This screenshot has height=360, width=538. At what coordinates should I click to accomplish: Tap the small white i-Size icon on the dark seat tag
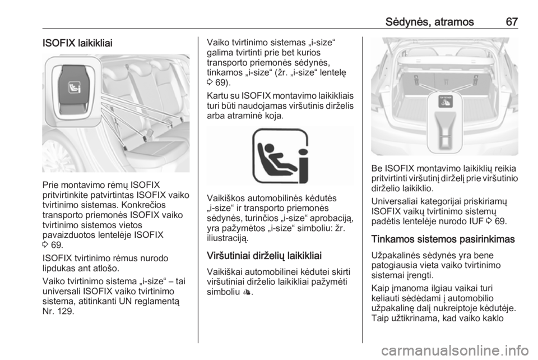click(73, 86)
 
